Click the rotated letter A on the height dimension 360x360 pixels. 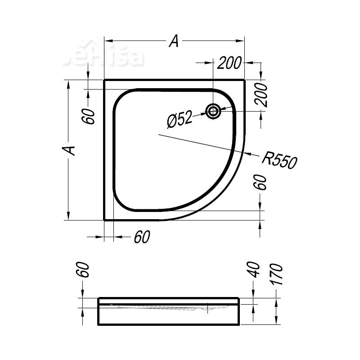click(68, 150)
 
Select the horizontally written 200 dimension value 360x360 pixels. click(229, 63)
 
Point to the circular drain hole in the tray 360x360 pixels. click(213, 111)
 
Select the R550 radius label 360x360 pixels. click(279, 160)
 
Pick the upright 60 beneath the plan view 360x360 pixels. click(141, 237)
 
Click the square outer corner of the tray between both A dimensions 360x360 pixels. click(104, 80)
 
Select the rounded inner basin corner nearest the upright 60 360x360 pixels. click(121, 204)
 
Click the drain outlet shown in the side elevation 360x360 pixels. click(207, 308)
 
